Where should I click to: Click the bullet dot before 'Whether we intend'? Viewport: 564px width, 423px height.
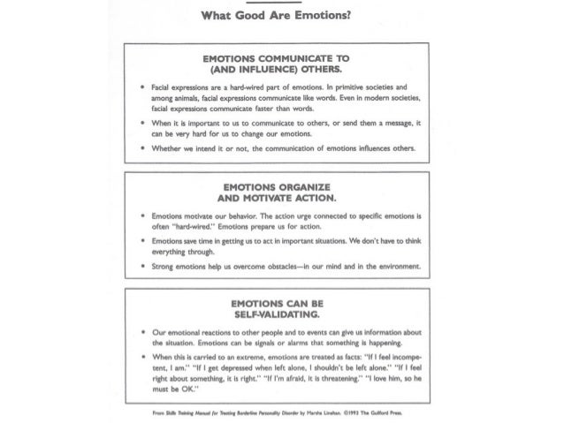(142, 150)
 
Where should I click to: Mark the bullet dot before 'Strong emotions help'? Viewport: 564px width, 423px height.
(142, 266)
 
